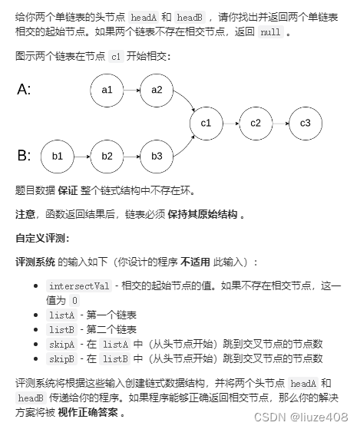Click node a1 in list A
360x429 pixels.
click(107, 90)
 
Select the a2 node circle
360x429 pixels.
click(157, 90)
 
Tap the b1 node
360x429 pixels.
click(57, 156)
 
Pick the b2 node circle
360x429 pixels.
click(107, 156)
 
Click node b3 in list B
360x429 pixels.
click(157, 156)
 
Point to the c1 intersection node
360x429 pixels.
click(206, 123)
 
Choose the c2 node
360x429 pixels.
click(256, 123)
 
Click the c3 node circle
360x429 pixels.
click(306, 123)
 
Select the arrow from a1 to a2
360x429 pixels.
click(131, 90)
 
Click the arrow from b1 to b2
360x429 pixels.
click(81, 156)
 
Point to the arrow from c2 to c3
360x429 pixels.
click(280, 123)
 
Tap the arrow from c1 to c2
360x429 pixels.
click(230, 123)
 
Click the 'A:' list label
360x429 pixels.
click(24, 90)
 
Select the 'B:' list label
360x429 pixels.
click(24, 156)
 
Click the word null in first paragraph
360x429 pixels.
click(270, 33)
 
